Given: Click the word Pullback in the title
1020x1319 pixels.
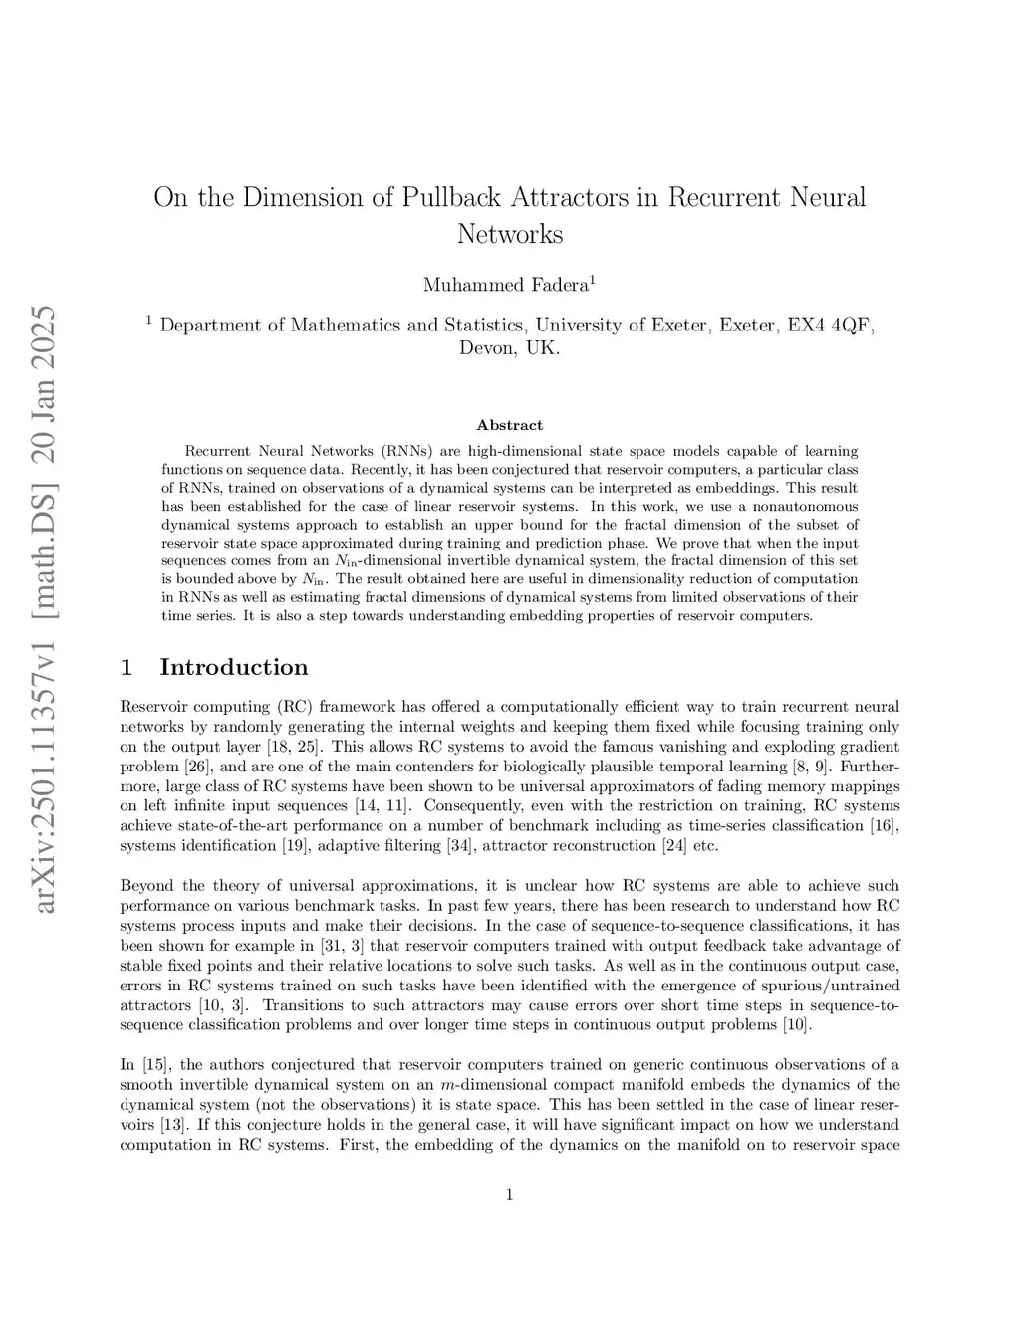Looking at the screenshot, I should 451,197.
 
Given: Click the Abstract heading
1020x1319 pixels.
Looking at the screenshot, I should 510,425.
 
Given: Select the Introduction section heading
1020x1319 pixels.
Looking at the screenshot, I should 234,667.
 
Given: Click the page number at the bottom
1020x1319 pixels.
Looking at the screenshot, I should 510,1195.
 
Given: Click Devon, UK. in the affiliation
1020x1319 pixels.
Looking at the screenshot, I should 510,349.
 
